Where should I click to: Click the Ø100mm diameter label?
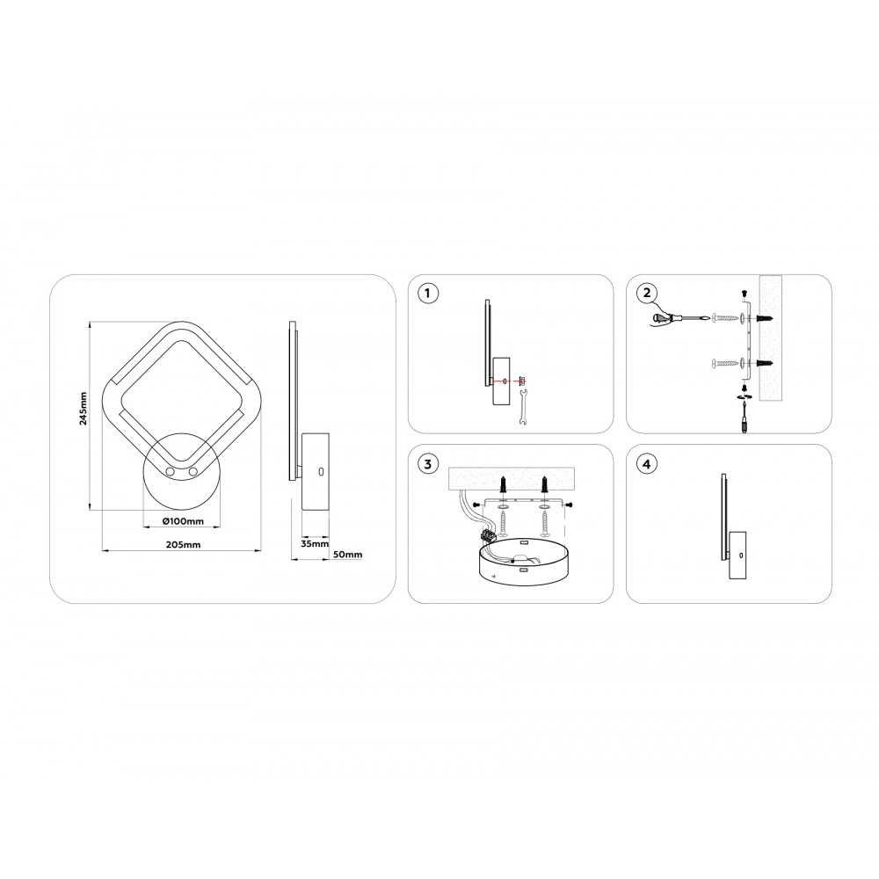183,520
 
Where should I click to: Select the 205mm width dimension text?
183,544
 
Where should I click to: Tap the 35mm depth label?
315,543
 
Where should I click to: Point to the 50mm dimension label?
347,555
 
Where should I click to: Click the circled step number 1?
428,294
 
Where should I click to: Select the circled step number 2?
647,294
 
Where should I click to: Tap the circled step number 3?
428,464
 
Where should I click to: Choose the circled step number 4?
647,464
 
